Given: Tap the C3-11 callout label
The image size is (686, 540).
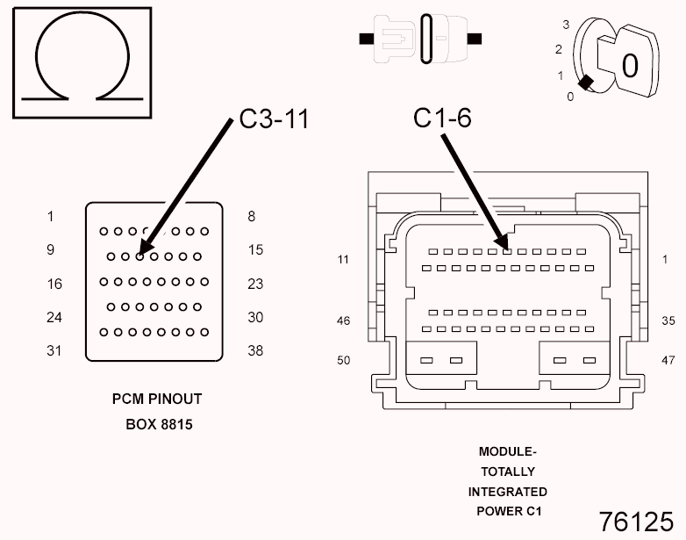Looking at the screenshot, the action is click(275, 119).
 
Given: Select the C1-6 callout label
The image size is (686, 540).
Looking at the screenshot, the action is click(442, 118).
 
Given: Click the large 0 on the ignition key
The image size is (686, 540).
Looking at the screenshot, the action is click(630, 66).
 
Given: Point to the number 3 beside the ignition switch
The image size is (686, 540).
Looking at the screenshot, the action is click(566, 25).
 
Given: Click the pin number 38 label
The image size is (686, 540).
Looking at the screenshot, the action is click(255, 350).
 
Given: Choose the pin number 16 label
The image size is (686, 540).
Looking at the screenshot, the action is click(54, 284).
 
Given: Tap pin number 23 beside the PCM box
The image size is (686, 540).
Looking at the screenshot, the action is click(255, 284).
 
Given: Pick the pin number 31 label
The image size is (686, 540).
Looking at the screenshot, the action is click(54, 350).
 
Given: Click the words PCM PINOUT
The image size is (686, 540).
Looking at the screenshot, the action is click(157, 399).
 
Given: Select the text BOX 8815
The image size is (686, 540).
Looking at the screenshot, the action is click(160, 424).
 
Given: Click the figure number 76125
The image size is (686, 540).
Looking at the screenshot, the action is click(636, 522).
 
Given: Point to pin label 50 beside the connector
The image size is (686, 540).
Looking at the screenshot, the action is click(343, 360).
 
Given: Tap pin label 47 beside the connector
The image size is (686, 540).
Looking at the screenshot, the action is click(668, 360).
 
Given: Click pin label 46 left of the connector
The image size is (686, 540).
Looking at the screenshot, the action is click(343, 321).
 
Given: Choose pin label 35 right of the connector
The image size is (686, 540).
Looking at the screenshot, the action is click(668, 321).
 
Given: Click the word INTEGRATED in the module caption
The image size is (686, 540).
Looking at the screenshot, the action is click(508, 492).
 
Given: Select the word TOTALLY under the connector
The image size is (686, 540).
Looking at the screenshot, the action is click(508, 472).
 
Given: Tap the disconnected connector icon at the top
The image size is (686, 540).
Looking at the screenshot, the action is click(420, 39).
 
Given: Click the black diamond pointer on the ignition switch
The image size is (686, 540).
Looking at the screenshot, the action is click(586, 83).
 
